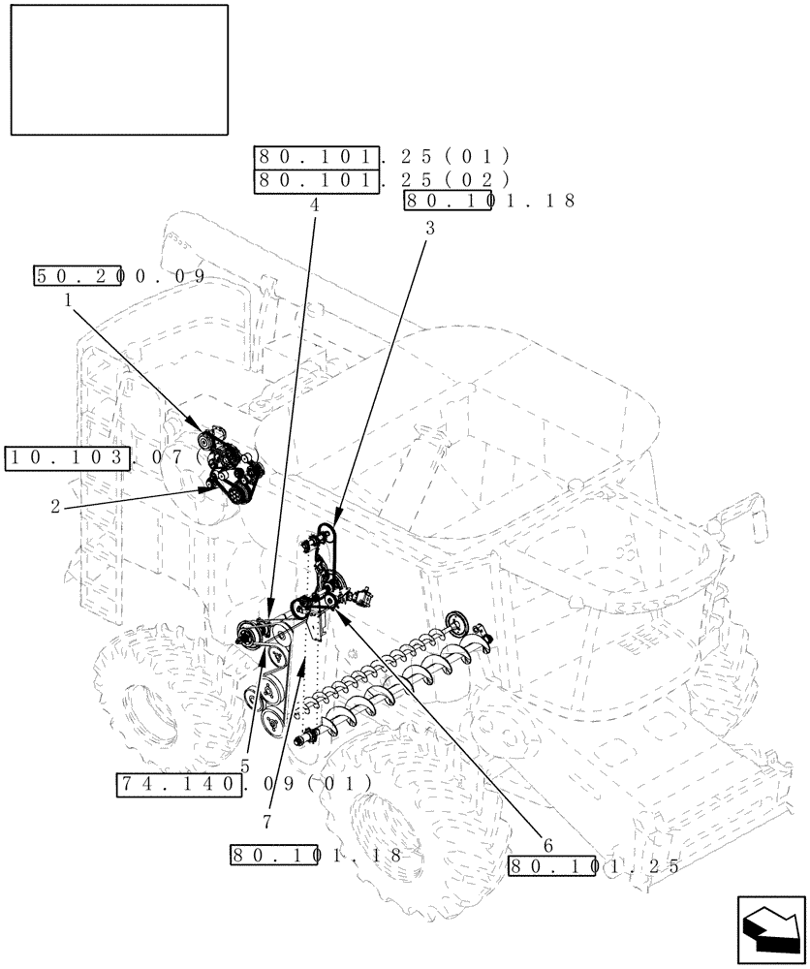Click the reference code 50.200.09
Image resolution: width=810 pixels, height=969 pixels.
[x=120, y=275]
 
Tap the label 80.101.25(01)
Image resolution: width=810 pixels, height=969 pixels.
[x=382, y=156]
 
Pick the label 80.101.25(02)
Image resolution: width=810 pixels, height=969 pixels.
[x=382, y=179]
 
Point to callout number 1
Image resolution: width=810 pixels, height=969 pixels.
[x=69, y=300]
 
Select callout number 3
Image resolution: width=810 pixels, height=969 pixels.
[x=429, y=229]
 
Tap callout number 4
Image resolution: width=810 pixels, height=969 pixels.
[x=315, y=204]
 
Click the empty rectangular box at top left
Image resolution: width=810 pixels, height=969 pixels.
[x=119, y=69]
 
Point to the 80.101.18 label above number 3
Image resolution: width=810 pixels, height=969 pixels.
[x=489, y=201]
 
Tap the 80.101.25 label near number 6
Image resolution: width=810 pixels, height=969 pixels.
[x=594, y=865]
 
